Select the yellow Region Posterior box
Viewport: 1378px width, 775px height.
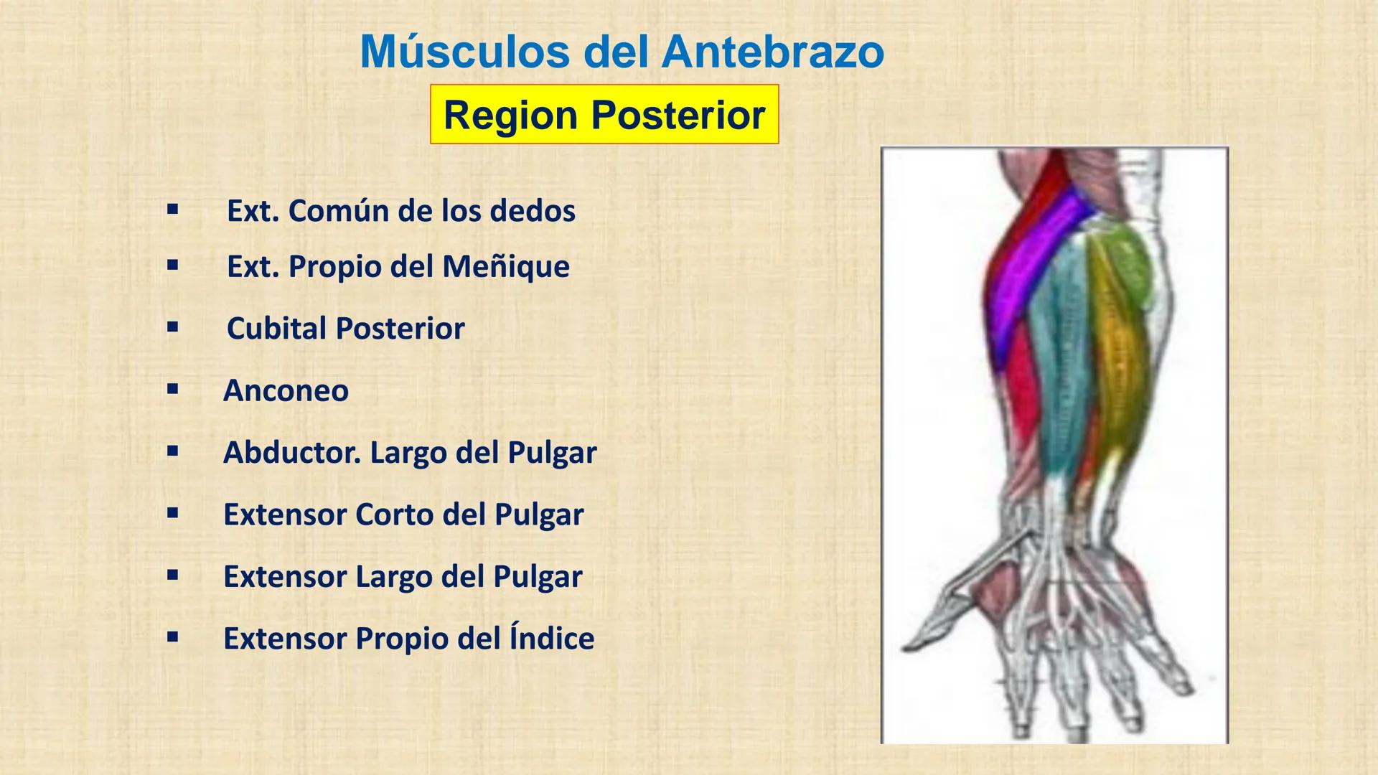pos(604,115)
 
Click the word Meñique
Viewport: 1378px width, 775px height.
pos(505,267)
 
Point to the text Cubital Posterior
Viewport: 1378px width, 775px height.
pos(345,329)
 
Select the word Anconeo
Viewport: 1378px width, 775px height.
pos(286,390)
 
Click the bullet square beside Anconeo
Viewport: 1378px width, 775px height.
pos(172,390)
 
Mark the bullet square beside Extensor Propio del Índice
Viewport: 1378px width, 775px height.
pos(172,637)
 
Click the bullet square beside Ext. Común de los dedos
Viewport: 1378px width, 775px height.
pos(172,210)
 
